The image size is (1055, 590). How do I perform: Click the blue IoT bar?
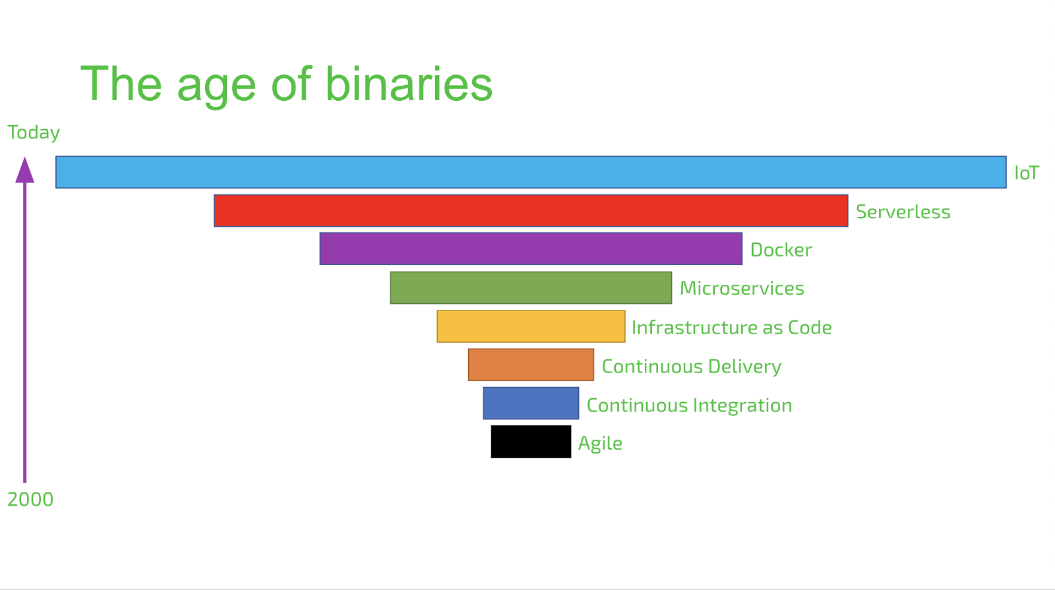531,172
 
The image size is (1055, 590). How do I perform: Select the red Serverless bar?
531,210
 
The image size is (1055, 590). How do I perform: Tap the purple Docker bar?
531,249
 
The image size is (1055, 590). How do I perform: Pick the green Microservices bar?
531,287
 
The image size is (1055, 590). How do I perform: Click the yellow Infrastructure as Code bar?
531,326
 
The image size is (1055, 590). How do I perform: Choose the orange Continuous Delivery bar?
531,365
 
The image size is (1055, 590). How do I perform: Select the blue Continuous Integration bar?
531,403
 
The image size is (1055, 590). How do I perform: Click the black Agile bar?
531,442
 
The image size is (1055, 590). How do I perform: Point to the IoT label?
1026,173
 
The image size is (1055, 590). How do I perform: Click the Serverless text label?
903,212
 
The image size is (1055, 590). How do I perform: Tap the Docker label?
781,250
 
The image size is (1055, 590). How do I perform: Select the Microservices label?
742,288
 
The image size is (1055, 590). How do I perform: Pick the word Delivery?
744,367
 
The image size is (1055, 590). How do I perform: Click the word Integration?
742,406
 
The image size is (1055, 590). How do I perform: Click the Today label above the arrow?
34,133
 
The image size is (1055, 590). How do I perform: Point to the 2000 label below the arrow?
30,499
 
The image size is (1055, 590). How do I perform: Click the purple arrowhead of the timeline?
25,170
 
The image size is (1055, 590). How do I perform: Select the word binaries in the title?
409,84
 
